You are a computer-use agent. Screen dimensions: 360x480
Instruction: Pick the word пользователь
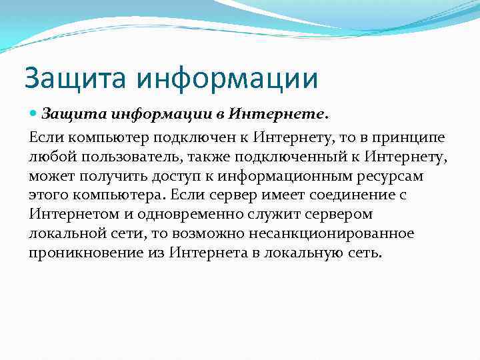click(x=126, y=157)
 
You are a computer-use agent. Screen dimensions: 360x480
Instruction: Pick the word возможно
click(x=213, y=234)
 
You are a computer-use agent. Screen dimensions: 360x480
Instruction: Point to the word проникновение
click(x=81, y=253)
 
